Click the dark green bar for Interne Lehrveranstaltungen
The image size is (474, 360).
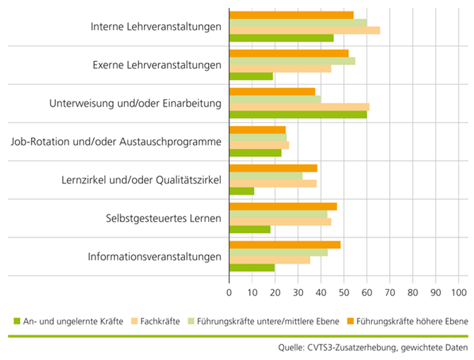point(281,38)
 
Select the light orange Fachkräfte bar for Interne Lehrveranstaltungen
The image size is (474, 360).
point(304,30)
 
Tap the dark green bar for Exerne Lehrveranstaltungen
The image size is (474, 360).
point(251,76)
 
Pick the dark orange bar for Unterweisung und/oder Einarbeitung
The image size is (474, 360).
point(273,92)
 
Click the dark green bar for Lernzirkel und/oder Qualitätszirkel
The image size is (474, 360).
point(242,192)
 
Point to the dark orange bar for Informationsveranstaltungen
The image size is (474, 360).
point(285,245)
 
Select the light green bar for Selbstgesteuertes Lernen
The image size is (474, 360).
point(278,215)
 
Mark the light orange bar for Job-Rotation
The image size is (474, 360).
point(259,145)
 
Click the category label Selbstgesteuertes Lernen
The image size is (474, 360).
point(164,218)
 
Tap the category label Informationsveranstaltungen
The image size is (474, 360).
point(154,256)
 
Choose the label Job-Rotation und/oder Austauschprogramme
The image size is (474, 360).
point(116,141)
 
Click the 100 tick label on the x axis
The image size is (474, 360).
point(459,292)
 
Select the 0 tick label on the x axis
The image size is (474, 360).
point(229,292)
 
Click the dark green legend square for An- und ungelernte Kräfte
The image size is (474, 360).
point(17,321)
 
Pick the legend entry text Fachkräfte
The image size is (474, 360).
point(160,321)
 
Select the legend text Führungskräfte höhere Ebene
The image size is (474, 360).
point(412,321)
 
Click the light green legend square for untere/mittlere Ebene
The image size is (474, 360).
point(191,321)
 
